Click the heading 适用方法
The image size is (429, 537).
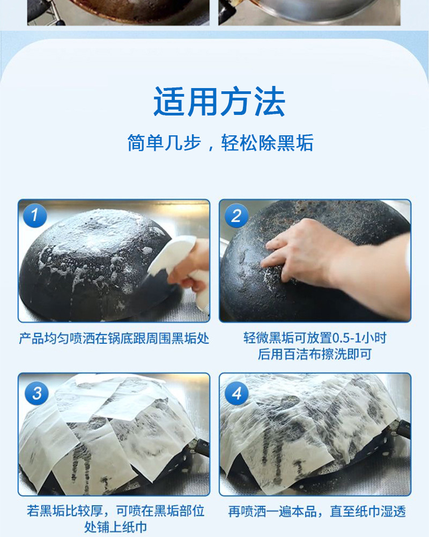point(219,101)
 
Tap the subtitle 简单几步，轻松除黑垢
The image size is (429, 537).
point(220,142)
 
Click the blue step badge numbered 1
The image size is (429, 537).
point(35,215)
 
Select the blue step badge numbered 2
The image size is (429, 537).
point(236,216)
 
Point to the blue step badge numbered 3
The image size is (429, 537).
point(36,393)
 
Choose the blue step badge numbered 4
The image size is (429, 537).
point(236,393)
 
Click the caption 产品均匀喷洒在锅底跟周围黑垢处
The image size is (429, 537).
point(114,338)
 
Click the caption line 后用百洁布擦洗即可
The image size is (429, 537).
point(315,354)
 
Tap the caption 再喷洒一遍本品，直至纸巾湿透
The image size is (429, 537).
point(317,511)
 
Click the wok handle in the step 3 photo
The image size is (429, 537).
point(200,447)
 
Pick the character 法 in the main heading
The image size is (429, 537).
point(269,101)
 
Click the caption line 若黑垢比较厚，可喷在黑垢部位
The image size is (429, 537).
point(116,511)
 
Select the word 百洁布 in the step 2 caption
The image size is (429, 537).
point(302,354)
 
